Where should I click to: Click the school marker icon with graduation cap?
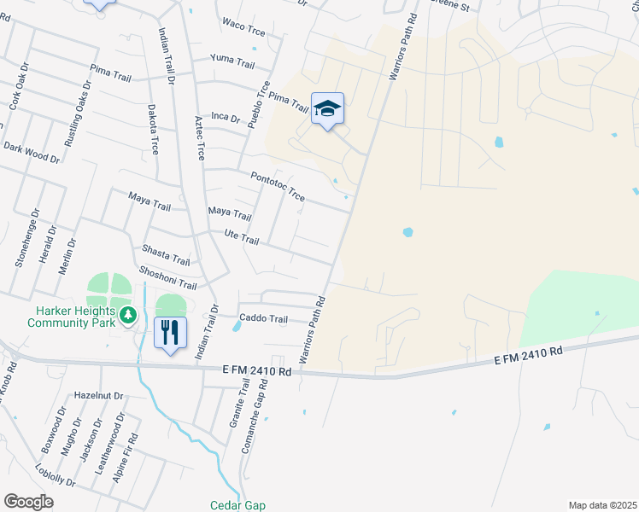(x=327, y=109)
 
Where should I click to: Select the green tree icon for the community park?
(x=128, y=315)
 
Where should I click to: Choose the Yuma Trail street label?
(x=233, y=62)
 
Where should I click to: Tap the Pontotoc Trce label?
(x=278, y=187)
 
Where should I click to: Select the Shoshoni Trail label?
(x=168, y=278)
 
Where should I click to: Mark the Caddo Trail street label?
(x=264, y=318)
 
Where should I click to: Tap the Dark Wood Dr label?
(x=32, y=153)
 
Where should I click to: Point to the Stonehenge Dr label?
(x=28, y=239)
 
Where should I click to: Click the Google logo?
(x=28, y=502)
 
